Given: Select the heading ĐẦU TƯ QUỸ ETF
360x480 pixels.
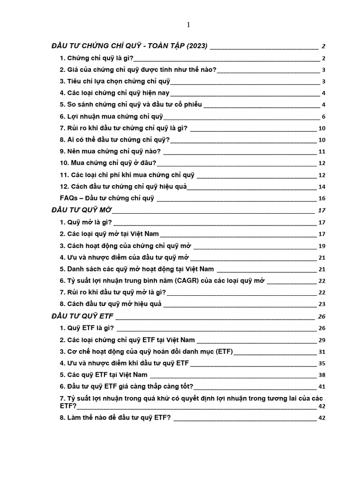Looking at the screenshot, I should click(82, 315).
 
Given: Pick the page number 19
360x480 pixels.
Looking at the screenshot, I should click(322, 246).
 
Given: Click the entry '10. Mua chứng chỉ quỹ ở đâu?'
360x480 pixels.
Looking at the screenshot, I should click(108, 163).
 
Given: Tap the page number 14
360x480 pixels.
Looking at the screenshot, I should click(322, 187).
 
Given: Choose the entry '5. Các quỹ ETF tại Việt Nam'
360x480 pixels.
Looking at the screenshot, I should click(104, 375).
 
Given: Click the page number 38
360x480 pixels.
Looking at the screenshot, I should click(322, 375).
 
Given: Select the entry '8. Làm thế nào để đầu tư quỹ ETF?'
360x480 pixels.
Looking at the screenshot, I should click(115, 418).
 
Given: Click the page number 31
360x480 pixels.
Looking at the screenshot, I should click(322, 352).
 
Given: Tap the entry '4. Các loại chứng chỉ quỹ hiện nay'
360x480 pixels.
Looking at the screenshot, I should click(114, 93).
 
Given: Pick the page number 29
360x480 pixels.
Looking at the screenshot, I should click(322, 340).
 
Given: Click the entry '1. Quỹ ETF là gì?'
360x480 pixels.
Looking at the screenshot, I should click(87, 328).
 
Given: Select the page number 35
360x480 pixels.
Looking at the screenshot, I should click(322, 363).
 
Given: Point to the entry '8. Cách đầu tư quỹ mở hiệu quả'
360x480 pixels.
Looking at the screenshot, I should click(111, 304).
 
